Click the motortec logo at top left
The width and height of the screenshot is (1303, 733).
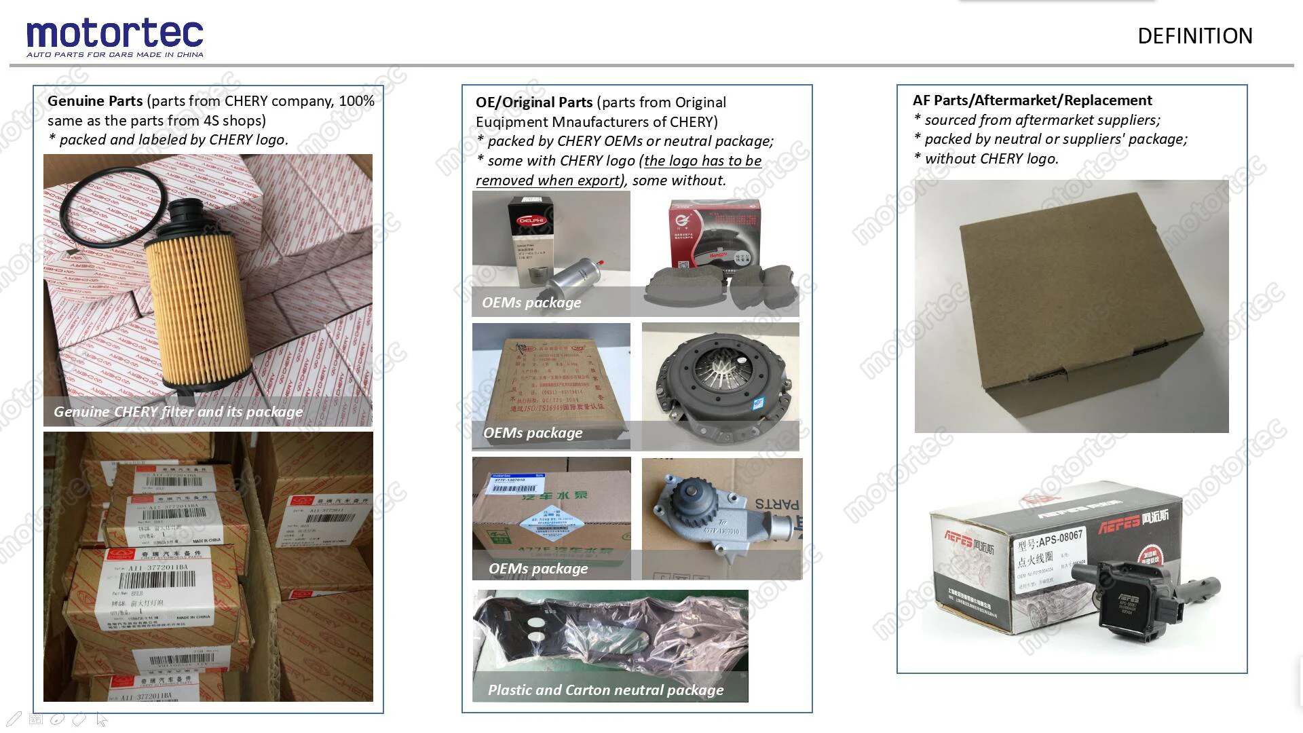pyautogui.click(x=115, y=37)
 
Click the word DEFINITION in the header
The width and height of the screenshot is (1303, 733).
pyautogui.click(x=1194, y=36)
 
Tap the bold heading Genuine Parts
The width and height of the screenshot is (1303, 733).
pyautogui.click(x=95, y=101)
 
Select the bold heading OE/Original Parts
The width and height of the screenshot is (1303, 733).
pyautogui.click(x=534, y=102)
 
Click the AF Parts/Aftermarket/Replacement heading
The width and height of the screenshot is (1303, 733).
pyautogui.click(x=1032, y=100)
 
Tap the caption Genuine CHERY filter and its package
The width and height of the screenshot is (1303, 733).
pyautogui.click(x=178, y=412)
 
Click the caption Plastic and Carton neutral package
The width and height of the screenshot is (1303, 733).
pyautogui.click(x=605, y=690)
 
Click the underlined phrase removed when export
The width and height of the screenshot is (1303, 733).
pyautogui.click(x=548, y=181)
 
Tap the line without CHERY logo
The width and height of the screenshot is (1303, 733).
pyautogui.click(x=991, y=159)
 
